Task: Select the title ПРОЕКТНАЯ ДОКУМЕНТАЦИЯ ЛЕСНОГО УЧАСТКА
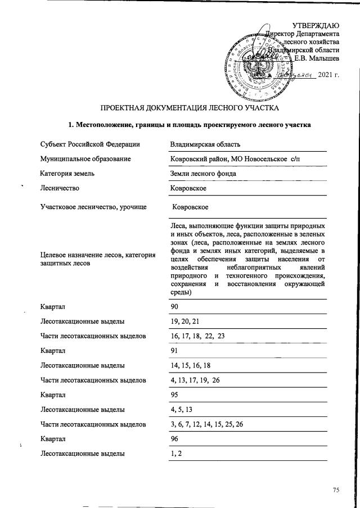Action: pyautogui.click(x=189, y=107)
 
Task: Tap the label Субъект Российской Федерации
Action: pyautogui.click(x=90, y=144)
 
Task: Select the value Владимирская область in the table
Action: pyautogui.click(x=205, y=144)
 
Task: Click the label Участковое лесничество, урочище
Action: pyautogui.click(x=93, y=207)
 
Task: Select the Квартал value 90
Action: pyautogui.click(x=174, y=307)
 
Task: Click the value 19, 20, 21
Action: pyautogui.click(x=184, y=322)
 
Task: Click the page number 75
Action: pyautogui.click(x=336, y=490)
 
